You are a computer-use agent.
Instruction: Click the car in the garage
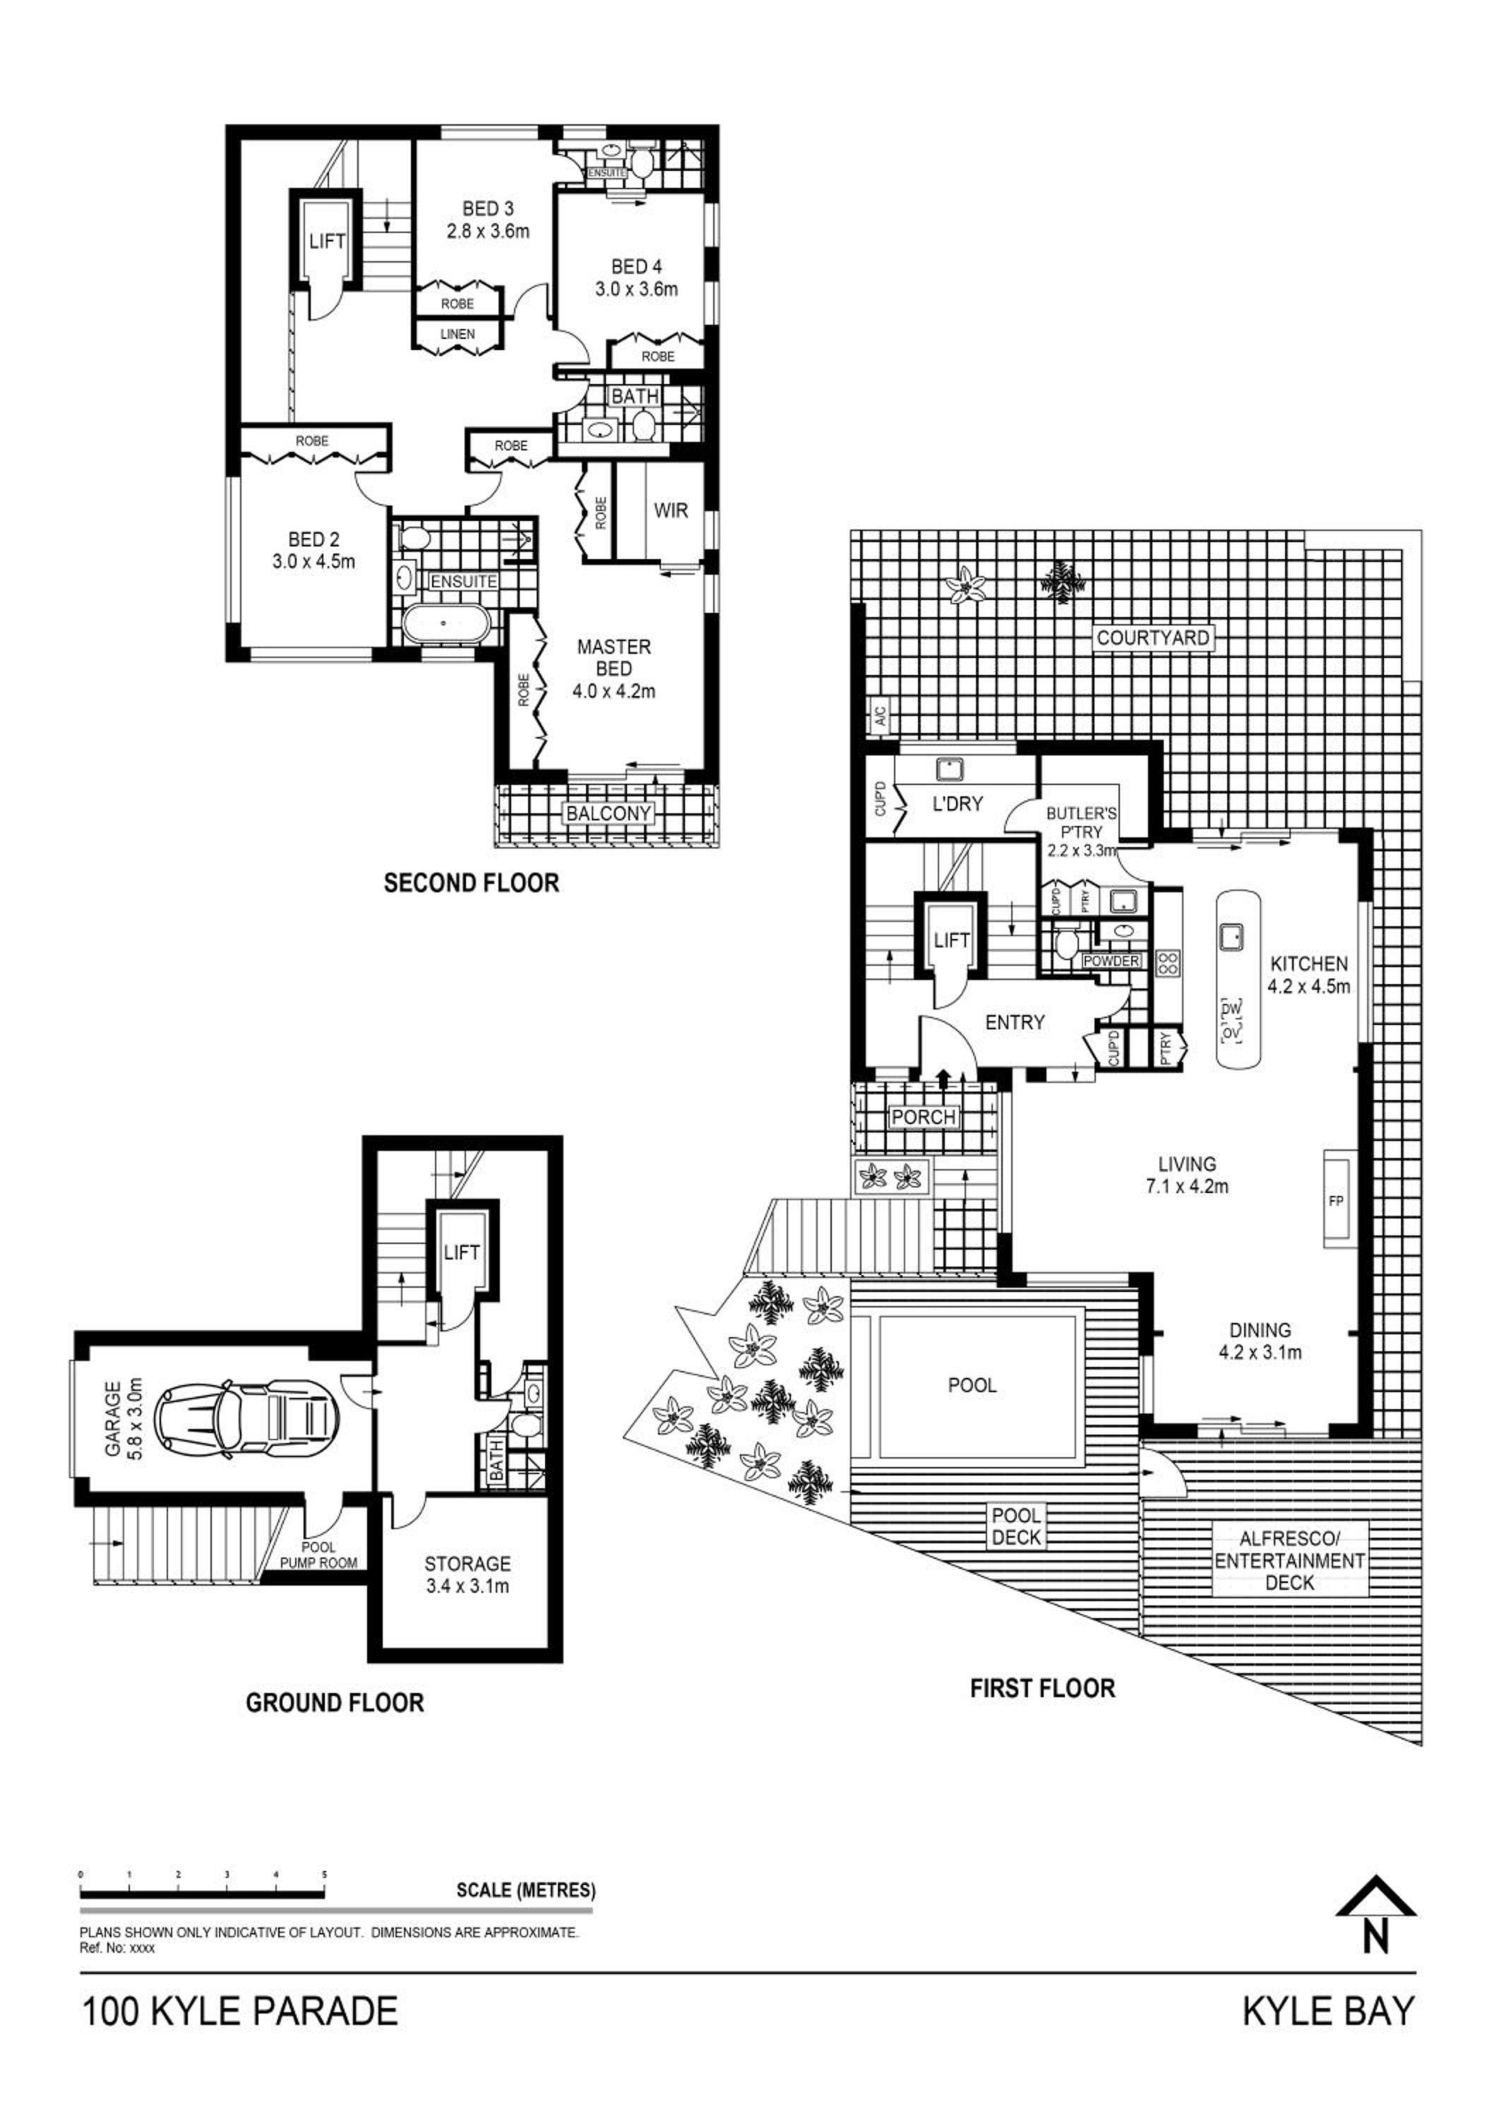tap(245, 1420)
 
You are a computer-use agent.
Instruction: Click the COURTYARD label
tap(1153, 638)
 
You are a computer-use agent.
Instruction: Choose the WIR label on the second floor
tap(671, 510)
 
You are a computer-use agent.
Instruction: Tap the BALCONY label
tap(609, 813)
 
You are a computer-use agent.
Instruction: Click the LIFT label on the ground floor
tap(461, 1252)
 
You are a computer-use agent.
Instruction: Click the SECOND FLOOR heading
tap(471, 882)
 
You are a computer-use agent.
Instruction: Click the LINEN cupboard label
tap(458, 334)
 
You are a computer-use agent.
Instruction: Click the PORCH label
tap(924, 1116)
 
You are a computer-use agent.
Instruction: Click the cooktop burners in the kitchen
tap(1169, 963)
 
